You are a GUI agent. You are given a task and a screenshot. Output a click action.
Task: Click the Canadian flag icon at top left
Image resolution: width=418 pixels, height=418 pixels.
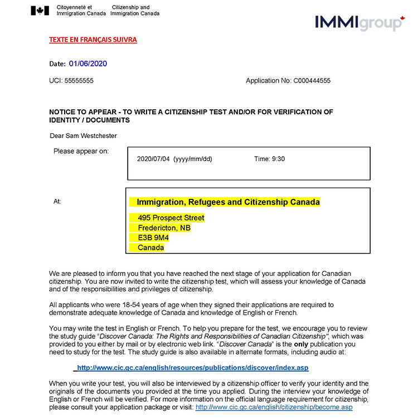(x=40, y=11)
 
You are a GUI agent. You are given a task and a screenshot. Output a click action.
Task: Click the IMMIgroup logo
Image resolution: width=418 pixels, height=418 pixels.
(x=359, y=23)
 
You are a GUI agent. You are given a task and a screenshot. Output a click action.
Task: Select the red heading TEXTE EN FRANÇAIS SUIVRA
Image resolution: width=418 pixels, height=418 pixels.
(x=93, y=40)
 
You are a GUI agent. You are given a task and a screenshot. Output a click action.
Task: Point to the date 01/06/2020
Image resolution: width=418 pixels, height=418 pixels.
(x=88, y=64)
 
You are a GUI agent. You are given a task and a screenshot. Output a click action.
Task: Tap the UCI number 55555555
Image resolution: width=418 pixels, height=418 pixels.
(x=79, y=81)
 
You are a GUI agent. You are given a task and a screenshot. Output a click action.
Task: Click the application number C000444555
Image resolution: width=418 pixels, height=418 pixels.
(x=312, y=81)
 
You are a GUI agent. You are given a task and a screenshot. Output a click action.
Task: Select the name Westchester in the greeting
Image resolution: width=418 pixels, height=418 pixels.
(x=98, y=135)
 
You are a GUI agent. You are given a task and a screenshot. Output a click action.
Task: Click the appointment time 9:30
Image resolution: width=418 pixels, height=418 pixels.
(x=278, y=159)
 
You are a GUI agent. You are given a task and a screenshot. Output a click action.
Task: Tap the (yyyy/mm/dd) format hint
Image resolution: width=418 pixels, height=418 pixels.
(x=193, y=159)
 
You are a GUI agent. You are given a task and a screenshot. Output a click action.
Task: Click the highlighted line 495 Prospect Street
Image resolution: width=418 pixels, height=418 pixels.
(x=171, y=217)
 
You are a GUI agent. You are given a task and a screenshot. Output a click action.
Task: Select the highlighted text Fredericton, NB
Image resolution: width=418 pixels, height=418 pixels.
(x=164, y=227)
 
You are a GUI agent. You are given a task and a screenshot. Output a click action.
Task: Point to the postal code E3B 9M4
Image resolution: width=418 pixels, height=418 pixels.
(x=153, y=237)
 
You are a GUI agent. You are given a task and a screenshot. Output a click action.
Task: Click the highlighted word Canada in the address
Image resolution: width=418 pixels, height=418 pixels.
(x=150, y=247)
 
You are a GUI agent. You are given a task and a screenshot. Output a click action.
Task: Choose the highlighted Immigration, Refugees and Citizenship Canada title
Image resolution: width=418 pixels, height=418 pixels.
(x=228, y=202)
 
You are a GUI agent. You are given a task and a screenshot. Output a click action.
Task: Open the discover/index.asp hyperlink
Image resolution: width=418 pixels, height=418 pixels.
(x=192, y=368)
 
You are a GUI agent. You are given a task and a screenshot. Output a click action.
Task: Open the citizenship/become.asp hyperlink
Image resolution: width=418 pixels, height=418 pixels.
(x=274, y=407)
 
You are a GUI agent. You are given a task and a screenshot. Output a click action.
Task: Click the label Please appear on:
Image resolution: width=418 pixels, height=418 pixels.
(x=81, y=151)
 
